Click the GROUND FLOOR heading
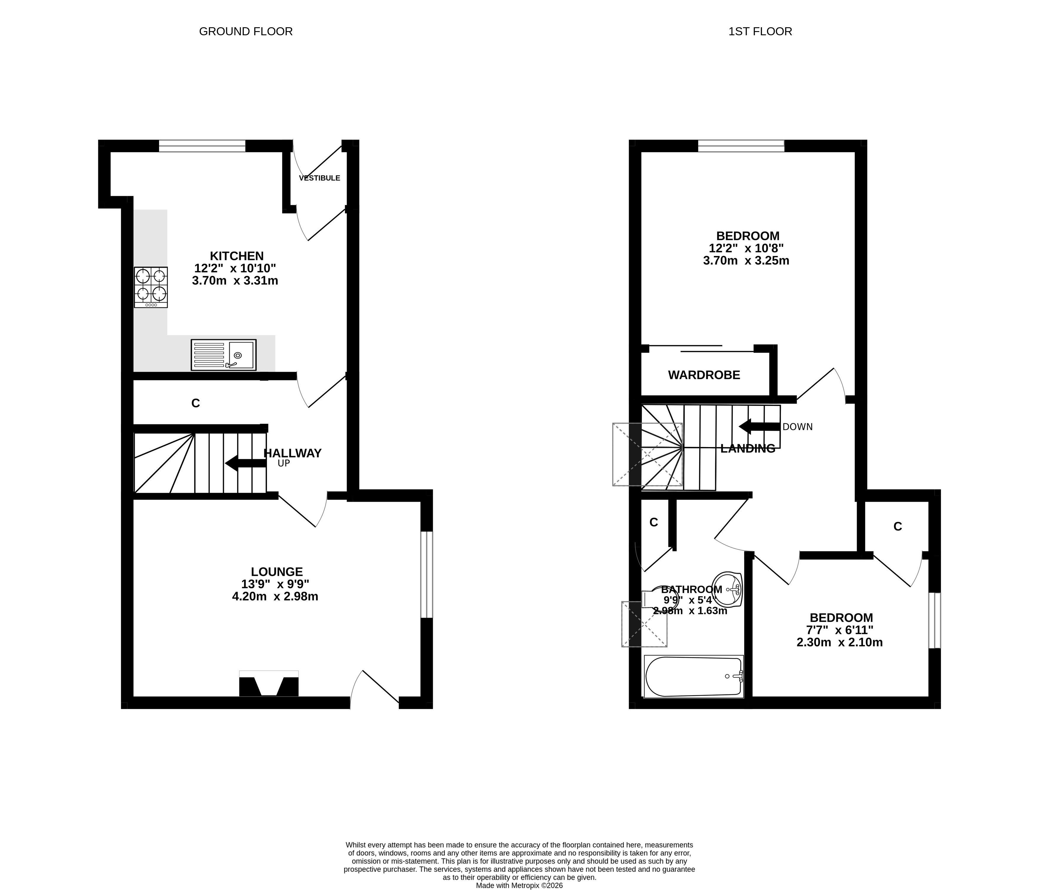tap(246, 32)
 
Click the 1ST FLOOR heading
tap(760, 32)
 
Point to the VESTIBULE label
tap(319, 178)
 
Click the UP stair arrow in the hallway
tap(246, 463)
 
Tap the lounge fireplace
tap(269, 684)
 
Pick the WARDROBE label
tap(704, 375)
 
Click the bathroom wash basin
tap(727, 590)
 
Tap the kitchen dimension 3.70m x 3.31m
tap(235, 281)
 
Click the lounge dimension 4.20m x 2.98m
tap(275, 597)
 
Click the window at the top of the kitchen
tap(202, 146)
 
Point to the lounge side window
tap(426, 574)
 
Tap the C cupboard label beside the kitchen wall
tap(196, 403)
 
